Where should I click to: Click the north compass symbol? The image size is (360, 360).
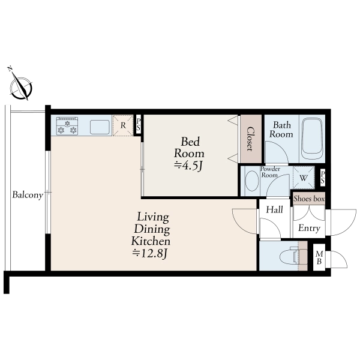20,85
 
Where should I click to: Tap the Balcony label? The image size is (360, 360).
28,195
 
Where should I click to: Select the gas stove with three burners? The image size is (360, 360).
67,126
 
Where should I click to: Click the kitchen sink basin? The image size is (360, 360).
100,127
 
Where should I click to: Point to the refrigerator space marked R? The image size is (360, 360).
123,125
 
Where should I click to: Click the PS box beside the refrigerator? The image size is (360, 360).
138,125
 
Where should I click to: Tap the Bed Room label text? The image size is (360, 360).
189,148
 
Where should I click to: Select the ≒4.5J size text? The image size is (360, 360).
188,166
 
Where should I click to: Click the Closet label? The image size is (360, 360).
250,139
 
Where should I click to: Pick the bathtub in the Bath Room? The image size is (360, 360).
312,139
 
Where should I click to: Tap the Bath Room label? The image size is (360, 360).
281,130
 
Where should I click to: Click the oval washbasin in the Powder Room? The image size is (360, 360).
252,181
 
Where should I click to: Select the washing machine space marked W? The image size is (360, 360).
304,178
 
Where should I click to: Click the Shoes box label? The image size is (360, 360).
309,199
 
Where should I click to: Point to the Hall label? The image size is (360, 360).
274,209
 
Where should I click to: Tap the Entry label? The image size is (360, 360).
309,228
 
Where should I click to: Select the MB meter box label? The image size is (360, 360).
319,257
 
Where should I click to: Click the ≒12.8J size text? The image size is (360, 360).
151,253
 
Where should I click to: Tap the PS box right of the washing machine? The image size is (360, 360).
323,178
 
